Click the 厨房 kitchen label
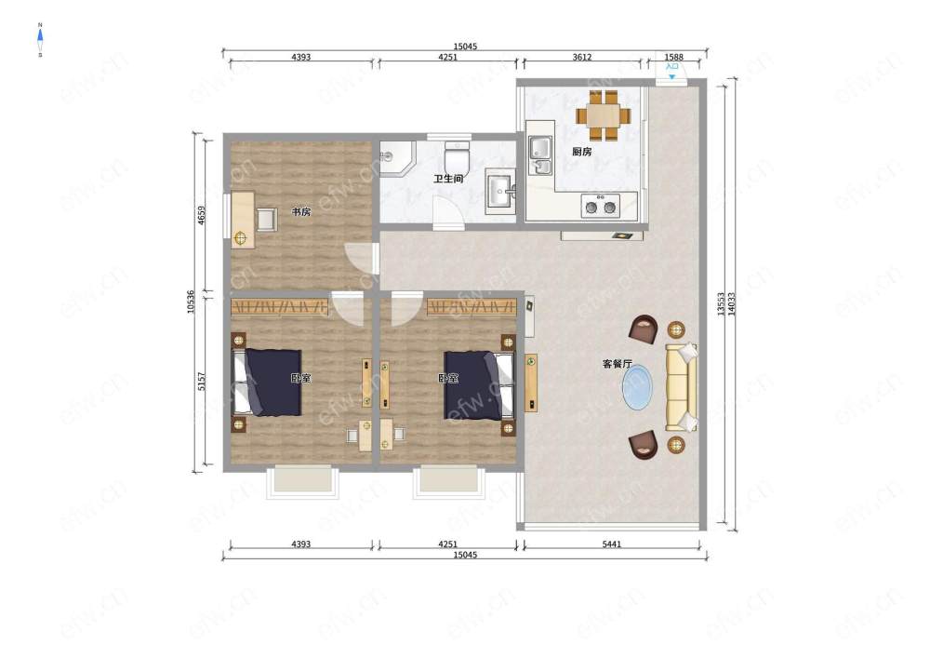coord(582,152)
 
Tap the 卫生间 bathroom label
coord(448,179)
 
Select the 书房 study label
coord(301,212)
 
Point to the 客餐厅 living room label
coord(617,364)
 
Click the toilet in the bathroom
coord(458,157)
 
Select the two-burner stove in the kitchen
coord(600,206)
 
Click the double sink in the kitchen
coord(540,155)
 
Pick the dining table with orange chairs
coord(604,115)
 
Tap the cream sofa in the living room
coord(681,387)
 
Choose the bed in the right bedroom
coord(479,385)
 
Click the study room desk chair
coord(267,219)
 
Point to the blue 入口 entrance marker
coord(672,71)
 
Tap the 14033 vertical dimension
coord(732,303)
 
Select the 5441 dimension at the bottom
coord(612,544)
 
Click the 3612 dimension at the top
coord(582,57)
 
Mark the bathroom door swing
coord(448,212)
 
